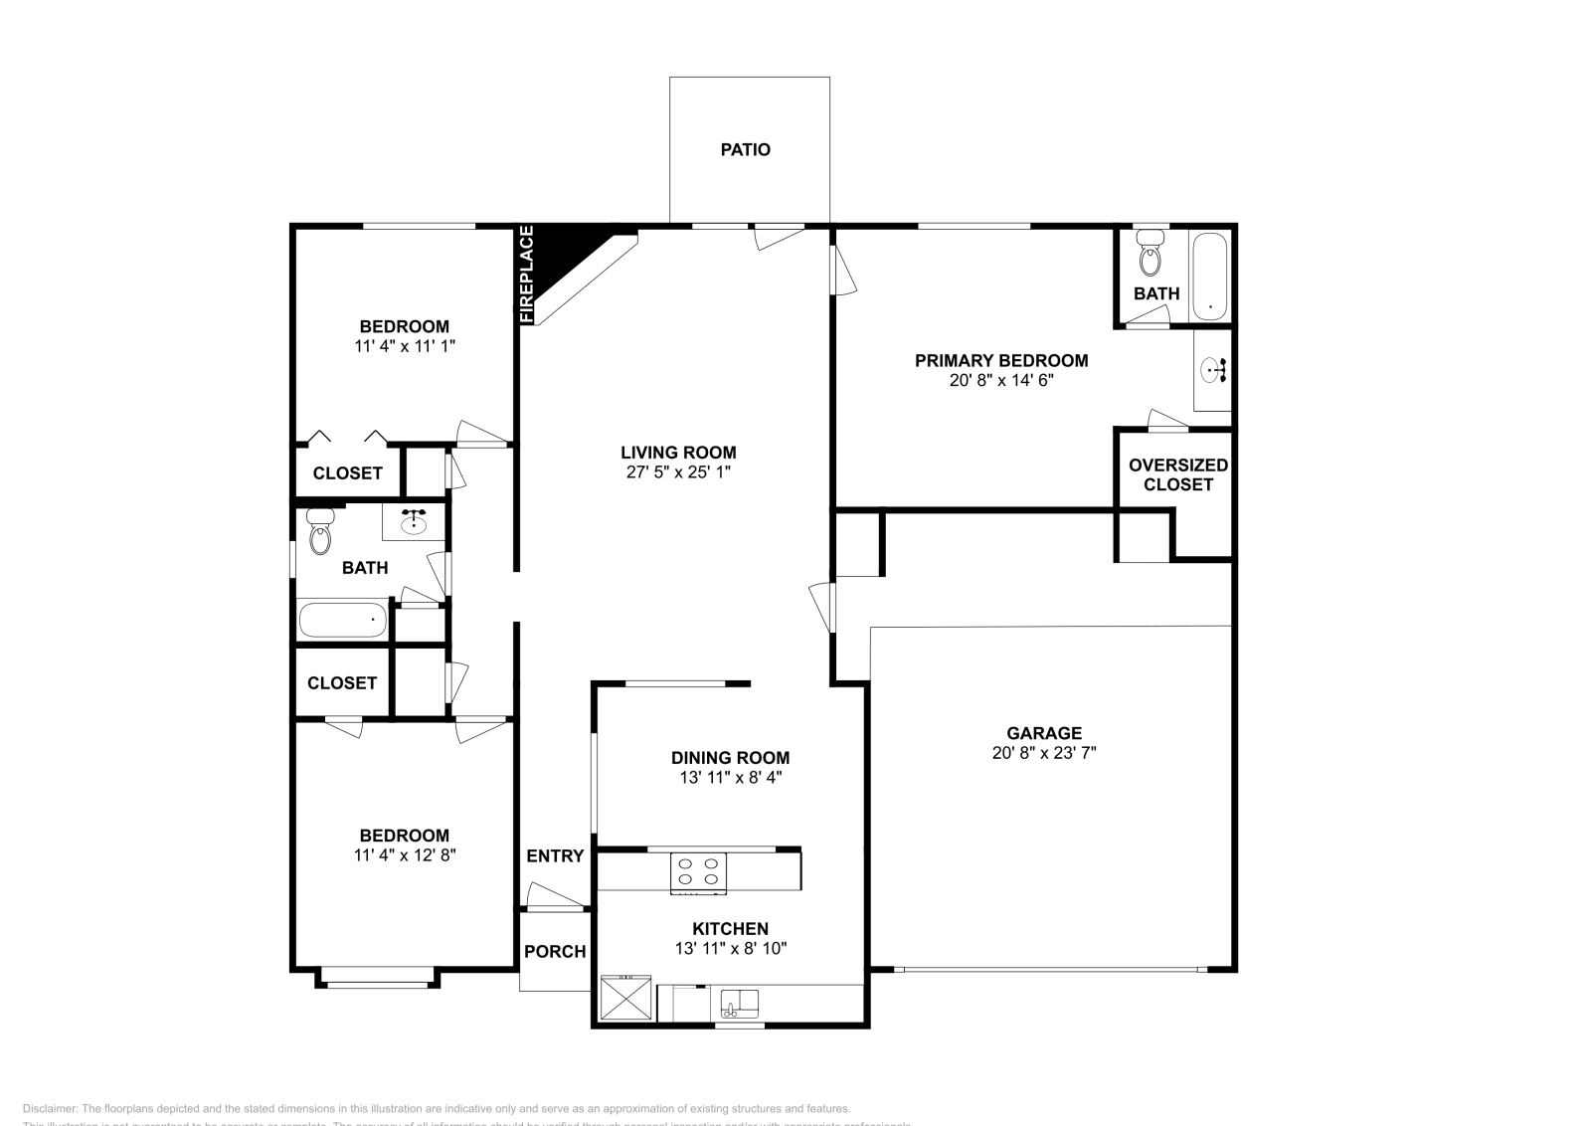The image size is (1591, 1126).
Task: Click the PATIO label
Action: pos(745,150)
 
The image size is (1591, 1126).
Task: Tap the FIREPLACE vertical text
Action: pos(527,275)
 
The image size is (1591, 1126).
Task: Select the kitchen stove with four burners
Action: pos(698,872)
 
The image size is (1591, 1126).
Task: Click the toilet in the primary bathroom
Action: pos(1150,254)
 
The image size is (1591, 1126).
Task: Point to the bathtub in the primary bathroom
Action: pos(1209,276)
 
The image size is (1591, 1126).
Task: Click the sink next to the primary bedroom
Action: pos(1213,371)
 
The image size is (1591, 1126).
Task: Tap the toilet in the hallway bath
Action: pos(320,532)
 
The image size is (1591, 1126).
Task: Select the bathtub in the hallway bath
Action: pos(342,620)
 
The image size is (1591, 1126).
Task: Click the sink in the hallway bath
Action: pos(415,520)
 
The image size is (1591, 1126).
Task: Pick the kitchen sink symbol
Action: pos(738,1003)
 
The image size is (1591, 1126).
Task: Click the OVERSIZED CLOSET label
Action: pos(1177,474)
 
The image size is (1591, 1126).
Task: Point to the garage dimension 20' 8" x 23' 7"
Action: pos(1043,753)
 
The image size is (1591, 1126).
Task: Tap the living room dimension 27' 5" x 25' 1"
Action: pos(678,472)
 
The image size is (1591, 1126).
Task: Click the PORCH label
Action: pos(555,952)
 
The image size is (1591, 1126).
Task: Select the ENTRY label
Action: pos(555,856)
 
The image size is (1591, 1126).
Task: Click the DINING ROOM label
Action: pos(730,758)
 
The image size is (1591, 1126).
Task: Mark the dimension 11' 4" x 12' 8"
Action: pos(405,854)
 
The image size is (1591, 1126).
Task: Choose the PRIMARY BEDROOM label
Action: pos(1000,361)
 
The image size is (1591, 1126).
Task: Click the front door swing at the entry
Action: pos(555,896)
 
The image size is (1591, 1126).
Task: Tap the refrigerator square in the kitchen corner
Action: pos(625,999)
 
